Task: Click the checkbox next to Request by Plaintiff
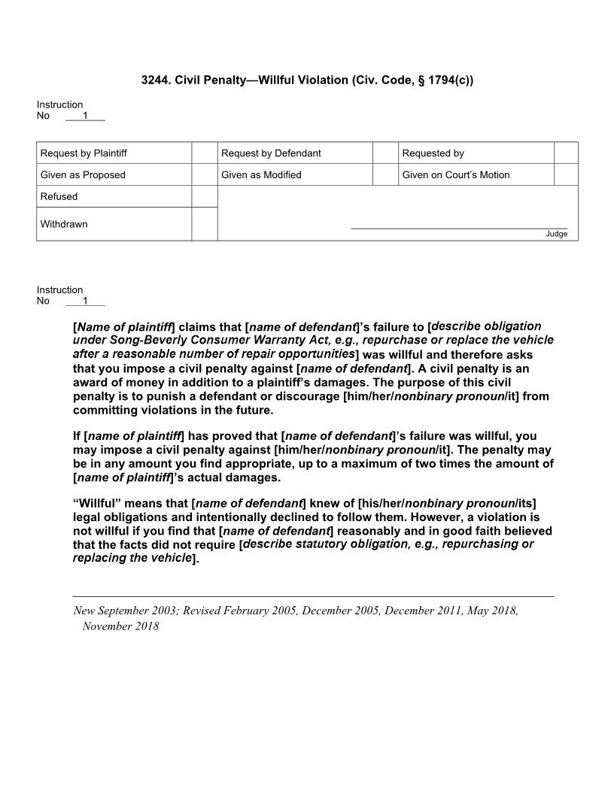coord(204,153)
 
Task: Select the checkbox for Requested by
coord(566,153)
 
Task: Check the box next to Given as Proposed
coord(204,175)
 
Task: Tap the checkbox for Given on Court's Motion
coord(566,175)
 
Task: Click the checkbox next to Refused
coord(204,196)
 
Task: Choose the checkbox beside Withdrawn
coord(204,224)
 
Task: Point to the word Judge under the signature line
coord(557,234)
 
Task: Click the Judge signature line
coord(459,227)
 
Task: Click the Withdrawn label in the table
coord(64,224)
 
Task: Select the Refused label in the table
coord(59,196)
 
